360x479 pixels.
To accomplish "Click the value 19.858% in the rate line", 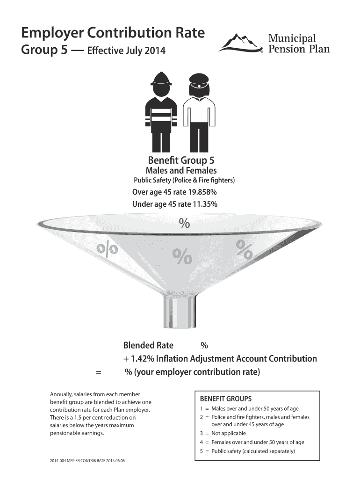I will [203, 192].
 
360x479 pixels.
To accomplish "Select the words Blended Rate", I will [148, 346].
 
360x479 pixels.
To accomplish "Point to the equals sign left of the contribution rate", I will [98, 373].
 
